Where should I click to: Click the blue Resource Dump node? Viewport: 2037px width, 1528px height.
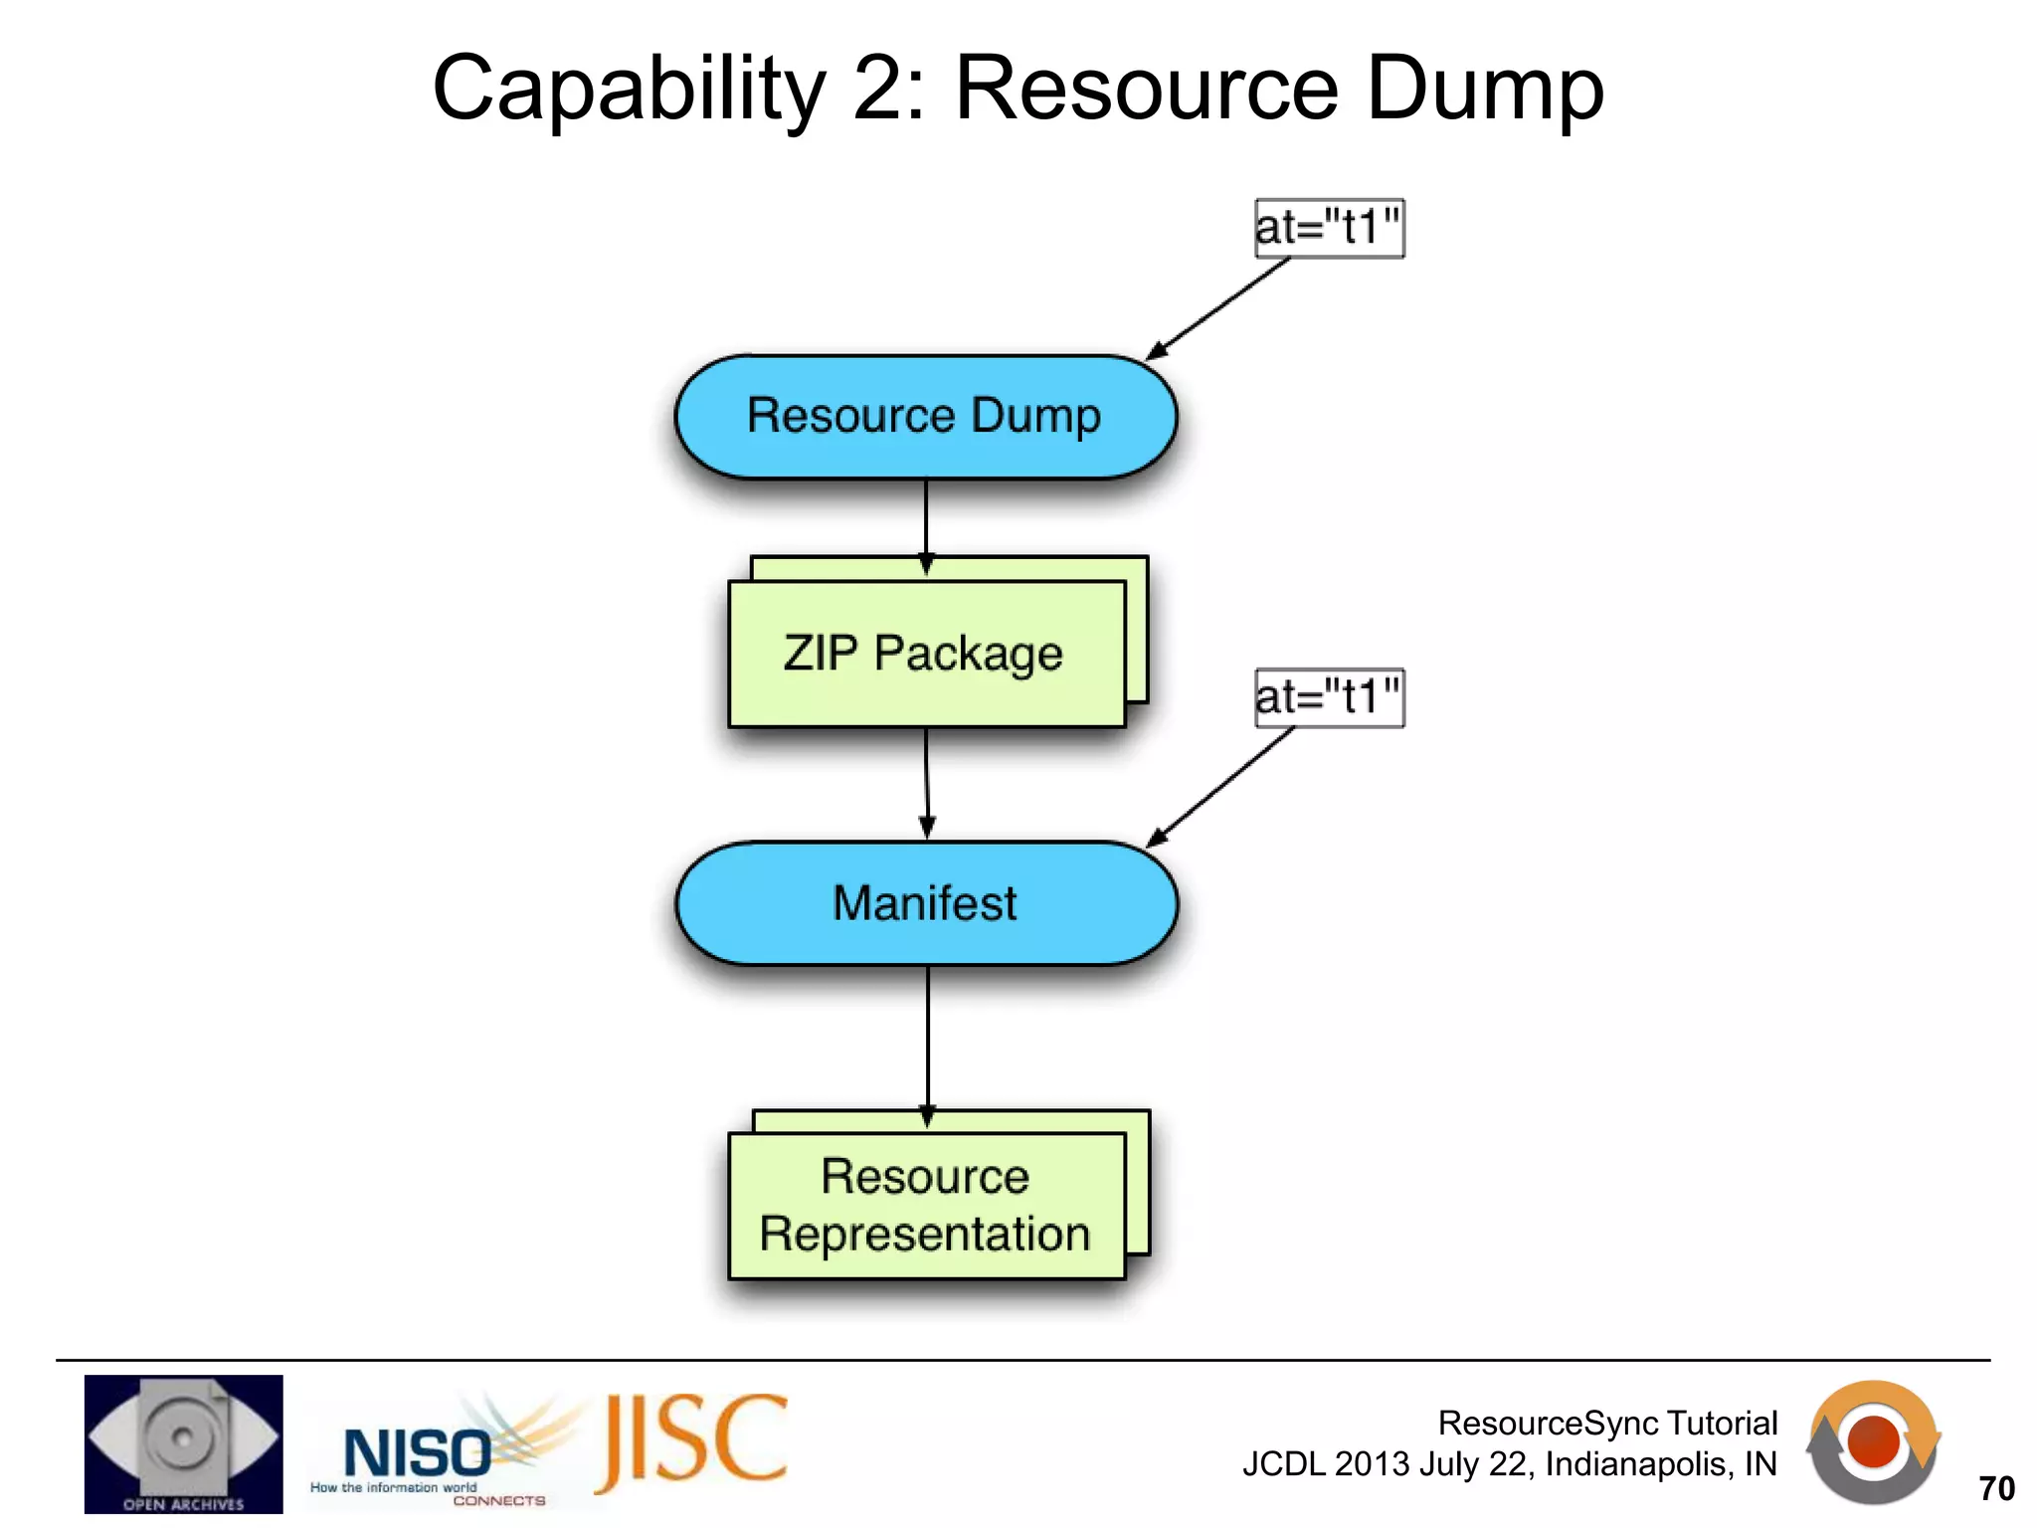925,416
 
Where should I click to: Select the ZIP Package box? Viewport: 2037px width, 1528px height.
926,654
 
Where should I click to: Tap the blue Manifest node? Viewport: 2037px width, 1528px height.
926,903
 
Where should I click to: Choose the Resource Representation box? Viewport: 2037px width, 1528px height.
926,1205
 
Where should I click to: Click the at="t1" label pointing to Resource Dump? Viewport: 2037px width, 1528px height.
1329,228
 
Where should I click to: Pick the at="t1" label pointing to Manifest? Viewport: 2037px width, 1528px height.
1329,697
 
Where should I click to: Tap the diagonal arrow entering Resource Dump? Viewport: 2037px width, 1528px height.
1218,307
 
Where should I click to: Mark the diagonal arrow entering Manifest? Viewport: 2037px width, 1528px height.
1220,787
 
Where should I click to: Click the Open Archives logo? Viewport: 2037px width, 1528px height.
184,1443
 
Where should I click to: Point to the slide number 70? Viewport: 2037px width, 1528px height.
1996,1488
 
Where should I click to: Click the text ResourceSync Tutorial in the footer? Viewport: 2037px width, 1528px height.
1607,1424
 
